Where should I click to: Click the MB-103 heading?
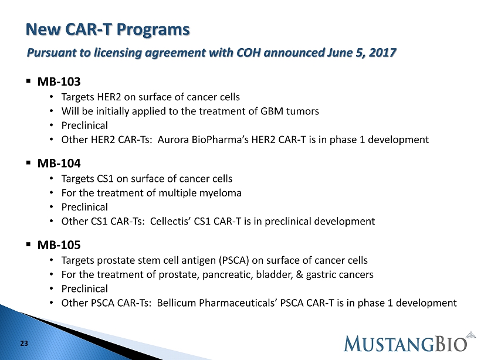click(59, 81)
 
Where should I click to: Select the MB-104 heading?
click(59, 163)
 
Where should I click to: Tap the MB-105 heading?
click(59, 244)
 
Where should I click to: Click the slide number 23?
click(24, 344)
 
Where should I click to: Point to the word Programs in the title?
click(153, 30)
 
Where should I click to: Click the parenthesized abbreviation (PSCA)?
click(233, 260)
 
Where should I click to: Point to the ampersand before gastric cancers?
click(299, 274)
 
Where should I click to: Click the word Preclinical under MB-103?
click(84, 125)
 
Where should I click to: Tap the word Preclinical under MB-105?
click(84, 288)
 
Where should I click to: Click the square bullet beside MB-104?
click(29, 163)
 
